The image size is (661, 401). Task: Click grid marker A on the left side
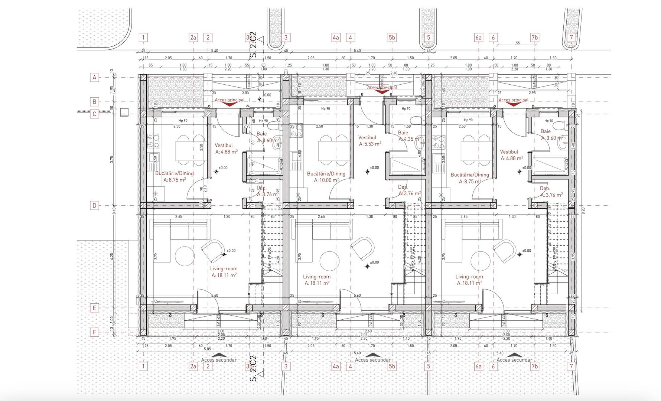94,78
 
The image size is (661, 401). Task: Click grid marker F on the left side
94,332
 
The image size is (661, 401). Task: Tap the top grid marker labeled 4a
336,38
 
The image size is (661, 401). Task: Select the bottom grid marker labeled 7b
534,366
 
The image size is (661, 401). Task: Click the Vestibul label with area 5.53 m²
369,141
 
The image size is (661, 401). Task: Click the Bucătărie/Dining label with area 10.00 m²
326,177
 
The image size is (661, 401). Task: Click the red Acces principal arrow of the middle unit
382,92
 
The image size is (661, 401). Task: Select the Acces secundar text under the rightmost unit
514,360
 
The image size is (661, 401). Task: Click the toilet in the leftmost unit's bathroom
274,126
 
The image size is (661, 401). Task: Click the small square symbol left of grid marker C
124,112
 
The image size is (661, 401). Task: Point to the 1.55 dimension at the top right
516,43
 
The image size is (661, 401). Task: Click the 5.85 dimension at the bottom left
207,349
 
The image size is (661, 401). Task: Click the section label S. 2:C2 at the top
253,45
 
